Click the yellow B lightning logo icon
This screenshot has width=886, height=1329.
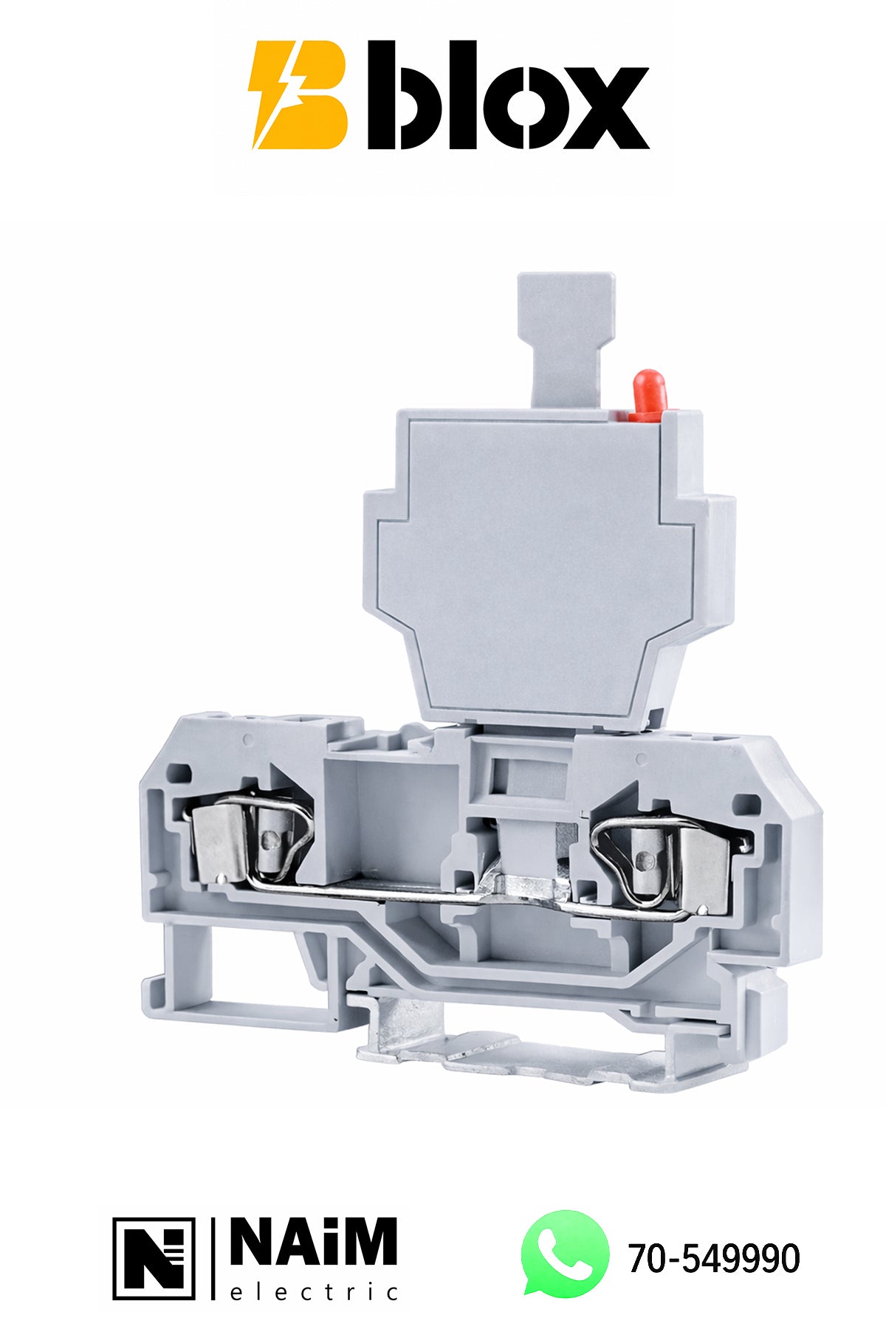pos(298,95)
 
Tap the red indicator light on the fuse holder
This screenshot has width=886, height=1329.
pos(647,396)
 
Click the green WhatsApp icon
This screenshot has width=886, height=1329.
pos(566,1254)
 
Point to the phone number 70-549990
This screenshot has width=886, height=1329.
pos(714,1258)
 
